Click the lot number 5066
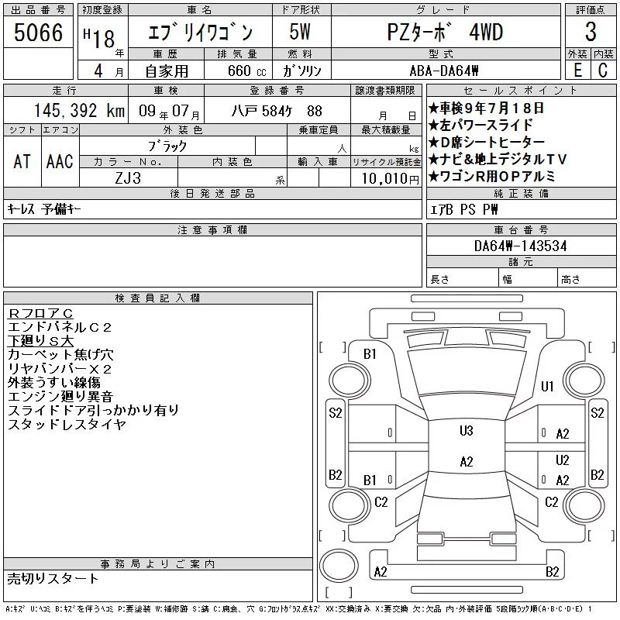(38, 33)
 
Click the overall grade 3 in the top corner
(591, 32)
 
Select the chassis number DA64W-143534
(520, 246)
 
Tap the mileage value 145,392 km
(79, 111)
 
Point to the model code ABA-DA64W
(444, 71)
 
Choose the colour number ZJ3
(128, 178)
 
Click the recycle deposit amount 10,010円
(390, 179)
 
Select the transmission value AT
(22, 161)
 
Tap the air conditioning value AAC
(60, 161)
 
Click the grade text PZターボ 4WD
(445, 33)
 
